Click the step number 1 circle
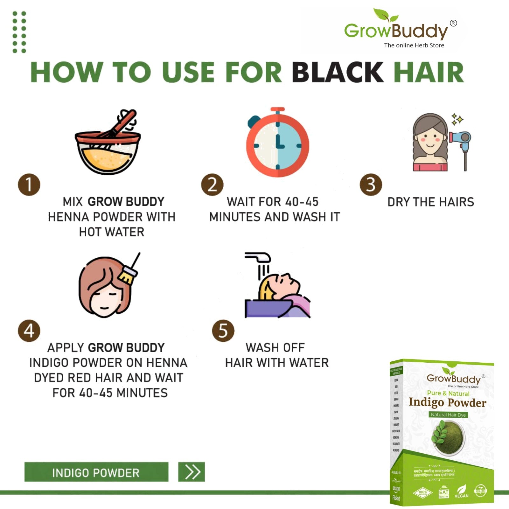[x=29, y=185]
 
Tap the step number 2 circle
[x=212, y=185]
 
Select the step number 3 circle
[x=371, y=185]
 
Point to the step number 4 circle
[x=29, y=331]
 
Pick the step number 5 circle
[x=223, y=331]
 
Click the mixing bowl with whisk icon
[x=108, y=143]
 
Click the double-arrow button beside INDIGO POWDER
[x=192, y=472]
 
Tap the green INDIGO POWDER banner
[x=96, y=472]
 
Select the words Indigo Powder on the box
[x=447, y=402]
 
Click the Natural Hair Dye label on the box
[x=448, y=415]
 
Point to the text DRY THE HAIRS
[x=430, y=202]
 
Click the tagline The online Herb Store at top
[x=414, y=45]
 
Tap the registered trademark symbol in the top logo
[x=453, y=23]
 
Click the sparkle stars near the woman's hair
[x=457, y=119]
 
